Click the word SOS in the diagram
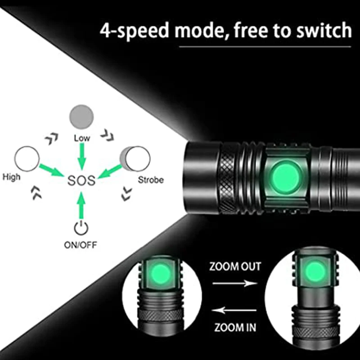(x=81, y=181)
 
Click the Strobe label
(x=151, y=180)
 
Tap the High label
(x=11, y=177)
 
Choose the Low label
(x=81, y=139)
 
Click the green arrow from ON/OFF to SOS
(x=81, y=205)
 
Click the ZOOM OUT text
(x=235, y=266)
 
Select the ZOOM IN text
(x=235, y=327)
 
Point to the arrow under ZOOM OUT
(x=234, y=283)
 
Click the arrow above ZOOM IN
(x=234, y=310)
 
